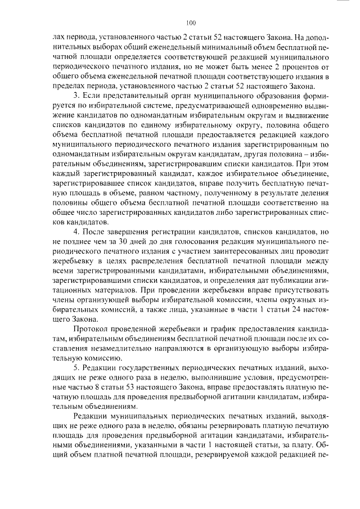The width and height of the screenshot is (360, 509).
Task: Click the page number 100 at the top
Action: pyautogui.click(x=190, y=22)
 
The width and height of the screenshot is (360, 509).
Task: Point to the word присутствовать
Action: pyautogui.click(x=287, y=290)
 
